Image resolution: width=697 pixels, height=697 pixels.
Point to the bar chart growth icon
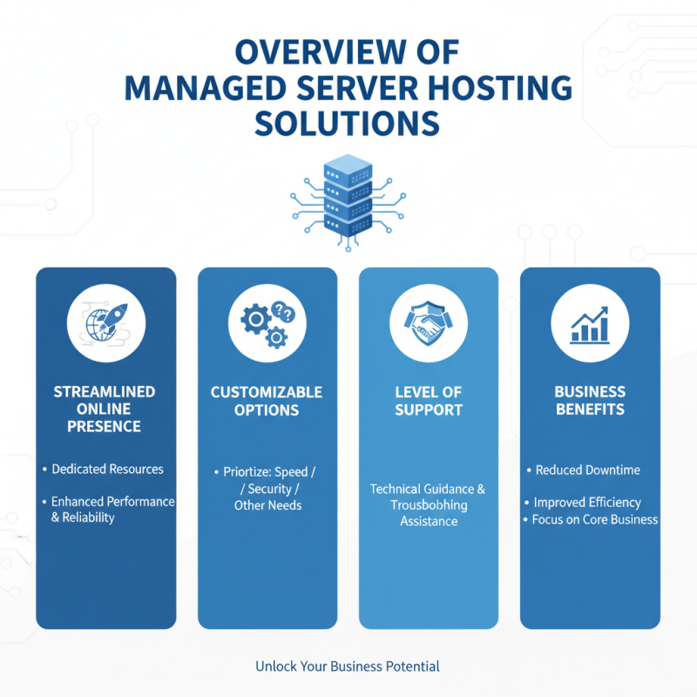[590, 324]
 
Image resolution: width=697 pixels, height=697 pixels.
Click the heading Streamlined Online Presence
[105, 409]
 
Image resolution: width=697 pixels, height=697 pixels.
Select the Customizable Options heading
[267, 401]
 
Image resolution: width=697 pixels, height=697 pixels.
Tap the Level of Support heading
[429, 401]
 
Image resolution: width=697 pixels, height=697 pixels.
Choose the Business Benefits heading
[590, 401]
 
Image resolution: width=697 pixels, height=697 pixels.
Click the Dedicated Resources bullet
[107, 469]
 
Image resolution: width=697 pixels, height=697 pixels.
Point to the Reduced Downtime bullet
[587, 470]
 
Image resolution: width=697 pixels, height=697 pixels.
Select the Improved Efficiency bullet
[587, 502]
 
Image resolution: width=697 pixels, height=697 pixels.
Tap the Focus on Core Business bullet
[594, 519]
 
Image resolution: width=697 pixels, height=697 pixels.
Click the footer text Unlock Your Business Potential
[348, 667]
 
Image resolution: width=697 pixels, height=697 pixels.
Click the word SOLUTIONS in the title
[347, 124]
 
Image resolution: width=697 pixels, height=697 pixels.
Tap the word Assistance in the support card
[429, 521]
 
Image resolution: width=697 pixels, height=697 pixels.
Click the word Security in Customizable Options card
[272, 489]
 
